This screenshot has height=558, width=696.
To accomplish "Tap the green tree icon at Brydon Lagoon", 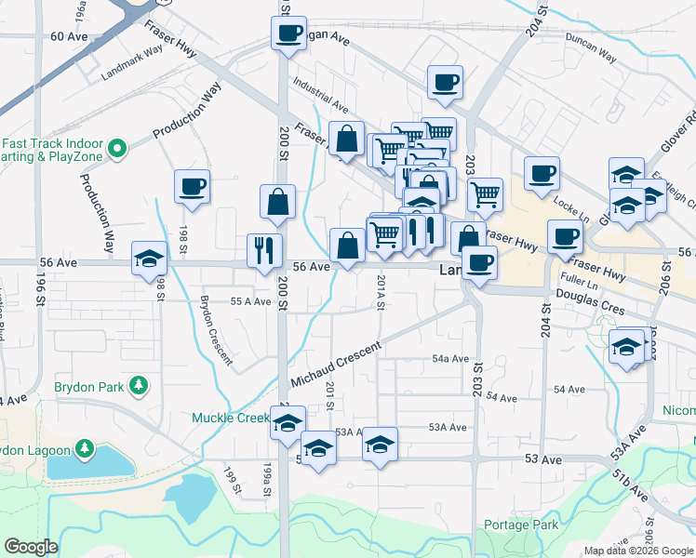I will [85, 450].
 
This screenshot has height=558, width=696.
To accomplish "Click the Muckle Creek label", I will [230, 418].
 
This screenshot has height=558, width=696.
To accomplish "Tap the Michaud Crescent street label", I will [336, 366].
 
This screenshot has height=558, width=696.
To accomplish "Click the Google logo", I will [33, 547].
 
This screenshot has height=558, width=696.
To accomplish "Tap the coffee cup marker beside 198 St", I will [192, 186].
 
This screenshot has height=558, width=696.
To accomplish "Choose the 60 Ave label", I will [68, 36].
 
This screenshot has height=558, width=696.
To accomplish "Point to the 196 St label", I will [41, 288].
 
